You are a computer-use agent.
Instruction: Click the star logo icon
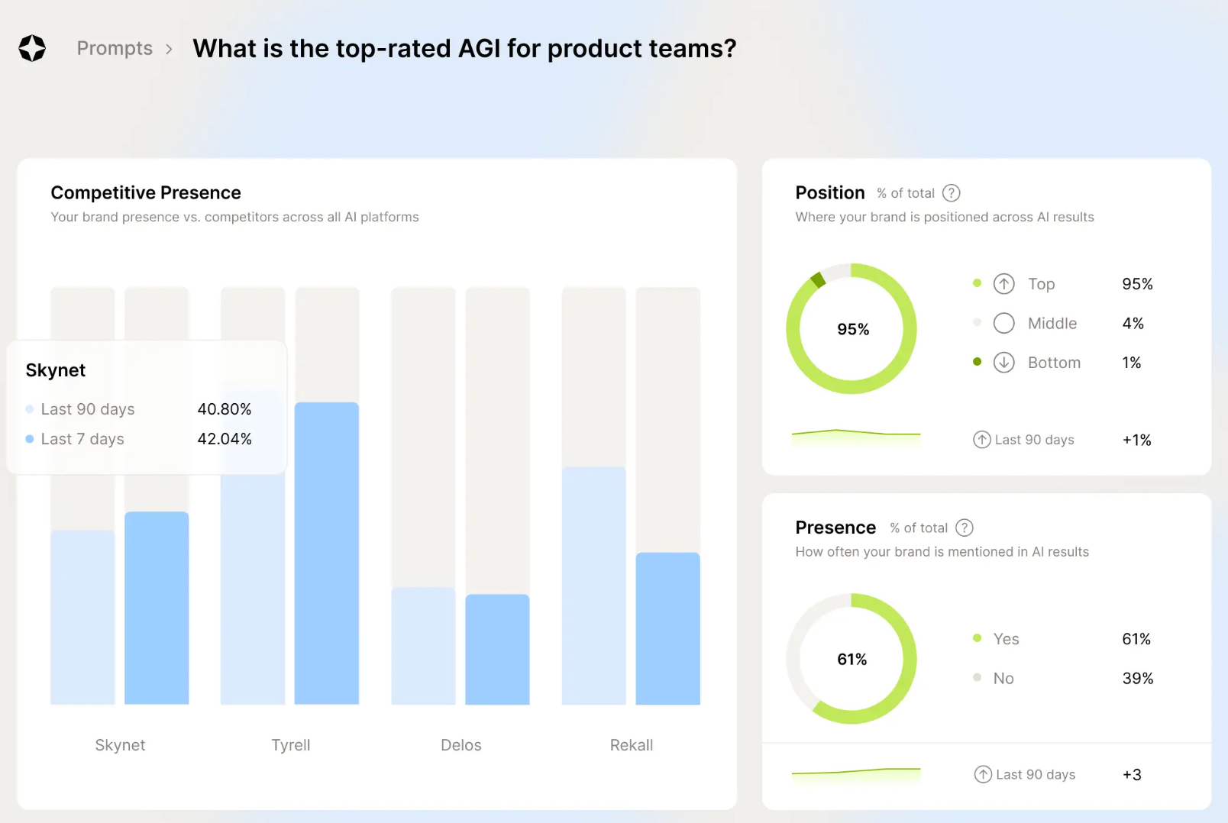[x=32, y=48]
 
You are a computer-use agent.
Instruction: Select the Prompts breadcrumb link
[x=115, y=48]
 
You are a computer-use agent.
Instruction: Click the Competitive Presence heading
[x=146, y=192]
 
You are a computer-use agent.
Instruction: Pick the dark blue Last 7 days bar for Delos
[x=497, y=649]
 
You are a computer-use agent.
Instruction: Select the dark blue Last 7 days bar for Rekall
[x=667, y=628]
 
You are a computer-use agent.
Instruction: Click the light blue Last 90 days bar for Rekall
[x=593, y=585]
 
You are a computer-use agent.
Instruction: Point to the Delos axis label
[x=460, y=745]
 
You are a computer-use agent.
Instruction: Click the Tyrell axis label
[x=290, y=745]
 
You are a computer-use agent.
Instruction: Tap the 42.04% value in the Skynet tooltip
[x=225, y=439]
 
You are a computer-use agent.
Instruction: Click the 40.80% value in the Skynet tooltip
[x=225, y=409]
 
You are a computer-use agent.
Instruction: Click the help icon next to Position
[x=951, y=193]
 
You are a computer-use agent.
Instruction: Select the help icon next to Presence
[x=965, y=528]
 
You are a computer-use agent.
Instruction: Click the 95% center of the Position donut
[x=852, y=329]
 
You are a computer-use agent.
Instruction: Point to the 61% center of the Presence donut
[x=852, y=659]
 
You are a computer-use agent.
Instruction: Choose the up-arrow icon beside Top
[x=1003, y=284]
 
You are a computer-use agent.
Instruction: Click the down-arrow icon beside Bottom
[x=1003, y=363]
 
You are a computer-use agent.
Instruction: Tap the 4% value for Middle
[x=1133, y=324]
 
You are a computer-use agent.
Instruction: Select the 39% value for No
[x=1137, y=678]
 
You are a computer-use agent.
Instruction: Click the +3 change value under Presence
[x=1132, y=775]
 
